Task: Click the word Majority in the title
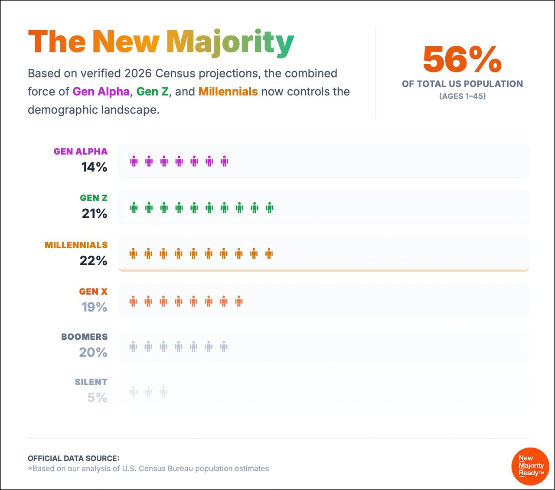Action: click(x=230, y=43)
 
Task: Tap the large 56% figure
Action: click(x=462, y=59)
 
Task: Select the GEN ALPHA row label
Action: click(x=81, y=152)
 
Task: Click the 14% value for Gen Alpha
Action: click(x=94, y=167)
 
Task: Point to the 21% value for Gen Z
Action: click(x=95, y=214)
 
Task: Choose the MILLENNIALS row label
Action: click(x=76, y=245)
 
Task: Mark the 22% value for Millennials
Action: click(x=93, y=260)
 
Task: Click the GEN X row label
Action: click(x=93, y=292)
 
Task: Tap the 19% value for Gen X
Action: click(x=94, y=307)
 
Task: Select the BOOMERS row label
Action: click(x=85, y=337)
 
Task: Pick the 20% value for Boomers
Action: click(x=93, y=353)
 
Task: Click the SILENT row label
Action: click(x=91, y=382)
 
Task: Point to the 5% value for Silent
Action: click(x=97, y=398)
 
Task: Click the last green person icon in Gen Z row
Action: click(x=270, y=208)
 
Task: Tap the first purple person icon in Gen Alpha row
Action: click(x=134, y=162)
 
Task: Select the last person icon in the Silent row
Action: click(x=163, y=392)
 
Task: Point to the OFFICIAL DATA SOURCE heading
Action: click(x=73, y=458)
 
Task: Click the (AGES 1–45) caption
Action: click(x=462, y=96)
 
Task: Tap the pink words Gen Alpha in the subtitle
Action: click(x=101, y=92)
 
